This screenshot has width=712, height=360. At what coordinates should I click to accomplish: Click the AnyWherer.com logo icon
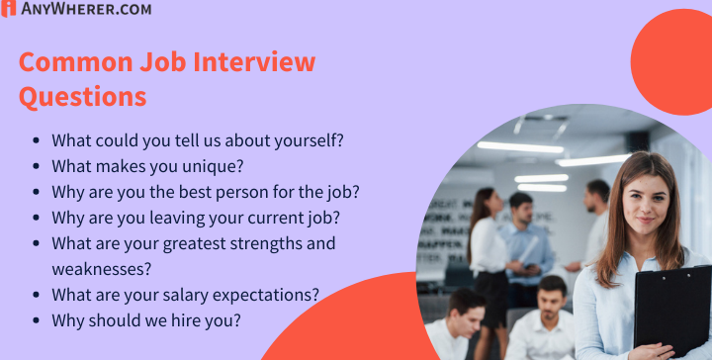tap(9, 9)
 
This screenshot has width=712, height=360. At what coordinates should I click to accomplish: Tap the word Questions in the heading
tap(83, 96)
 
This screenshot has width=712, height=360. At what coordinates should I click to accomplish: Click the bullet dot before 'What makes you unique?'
tap(37, 166)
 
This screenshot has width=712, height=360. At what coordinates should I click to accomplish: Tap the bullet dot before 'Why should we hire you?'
tap(37, 320)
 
